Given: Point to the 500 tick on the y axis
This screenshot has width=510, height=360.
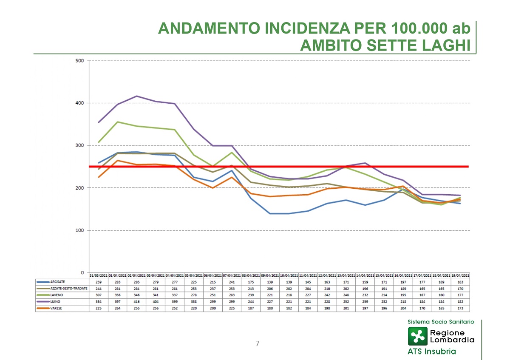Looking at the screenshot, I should (x=79, y=61).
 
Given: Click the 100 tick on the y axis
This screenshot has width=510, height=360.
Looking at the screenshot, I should (x=79, y=230).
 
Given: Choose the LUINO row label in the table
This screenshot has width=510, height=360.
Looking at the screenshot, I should (x=56, y=301).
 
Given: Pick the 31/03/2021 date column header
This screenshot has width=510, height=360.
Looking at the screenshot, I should (x=98, y=275).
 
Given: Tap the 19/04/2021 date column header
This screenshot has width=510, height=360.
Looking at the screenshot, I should (x=460, y=275).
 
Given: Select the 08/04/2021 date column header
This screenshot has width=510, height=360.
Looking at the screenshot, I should (x=251, y=275).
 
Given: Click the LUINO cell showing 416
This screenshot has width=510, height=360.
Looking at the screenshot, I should (x=136, y=301).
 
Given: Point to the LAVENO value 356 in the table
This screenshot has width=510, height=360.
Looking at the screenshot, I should (x=117, y=295).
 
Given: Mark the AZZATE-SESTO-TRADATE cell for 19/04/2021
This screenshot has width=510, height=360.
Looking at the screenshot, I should (x=460, y=288).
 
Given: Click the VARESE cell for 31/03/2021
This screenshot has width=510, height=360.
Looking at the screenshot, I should (x=98, y=308).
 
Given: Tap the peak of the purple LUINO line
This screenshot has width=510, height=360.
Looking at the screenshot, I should (x=136, y=96).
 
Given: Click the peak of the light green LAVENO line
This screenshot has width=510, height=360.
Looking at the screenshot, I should (x=117, y=122).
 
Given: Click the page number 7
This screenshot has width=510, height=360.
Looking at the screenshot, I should (x=257, y=343).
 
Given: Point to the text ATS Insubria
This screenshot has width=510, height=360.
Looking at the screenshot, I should (x=431, y=351).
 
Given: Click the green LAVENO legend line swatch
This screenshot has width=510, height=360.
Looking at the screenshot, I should (x=43, y=295).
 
